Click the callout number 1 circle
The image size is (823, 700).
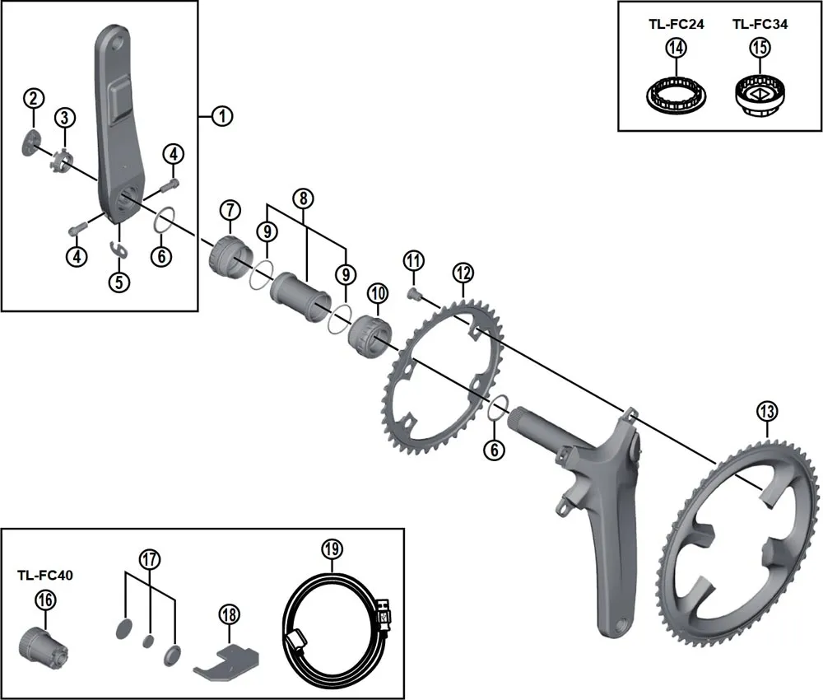click(x=221, y=116)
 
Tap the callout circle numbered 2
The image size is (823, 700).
click(x=33, y=100)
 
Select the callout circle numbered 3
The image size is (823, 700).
click(x=65, y=117)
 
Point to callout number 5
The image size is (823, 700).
click(x=119, y=282)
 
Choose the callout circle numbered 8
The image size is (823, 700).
click(x=303, y=198)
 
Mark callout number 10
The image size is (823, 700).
click(x=378, y=292)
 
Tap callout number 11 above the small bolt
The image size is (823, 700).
click(x=413, y=262)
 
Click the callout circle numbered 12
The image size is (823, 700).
click(x=463, y=272)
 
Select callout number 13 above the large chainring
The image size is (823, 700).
click(x=767, y=410)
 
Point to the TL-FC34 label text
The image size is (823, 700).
click(x=760, y=25)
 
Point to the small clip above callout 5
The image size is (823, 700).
click(x=119, y=250)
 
